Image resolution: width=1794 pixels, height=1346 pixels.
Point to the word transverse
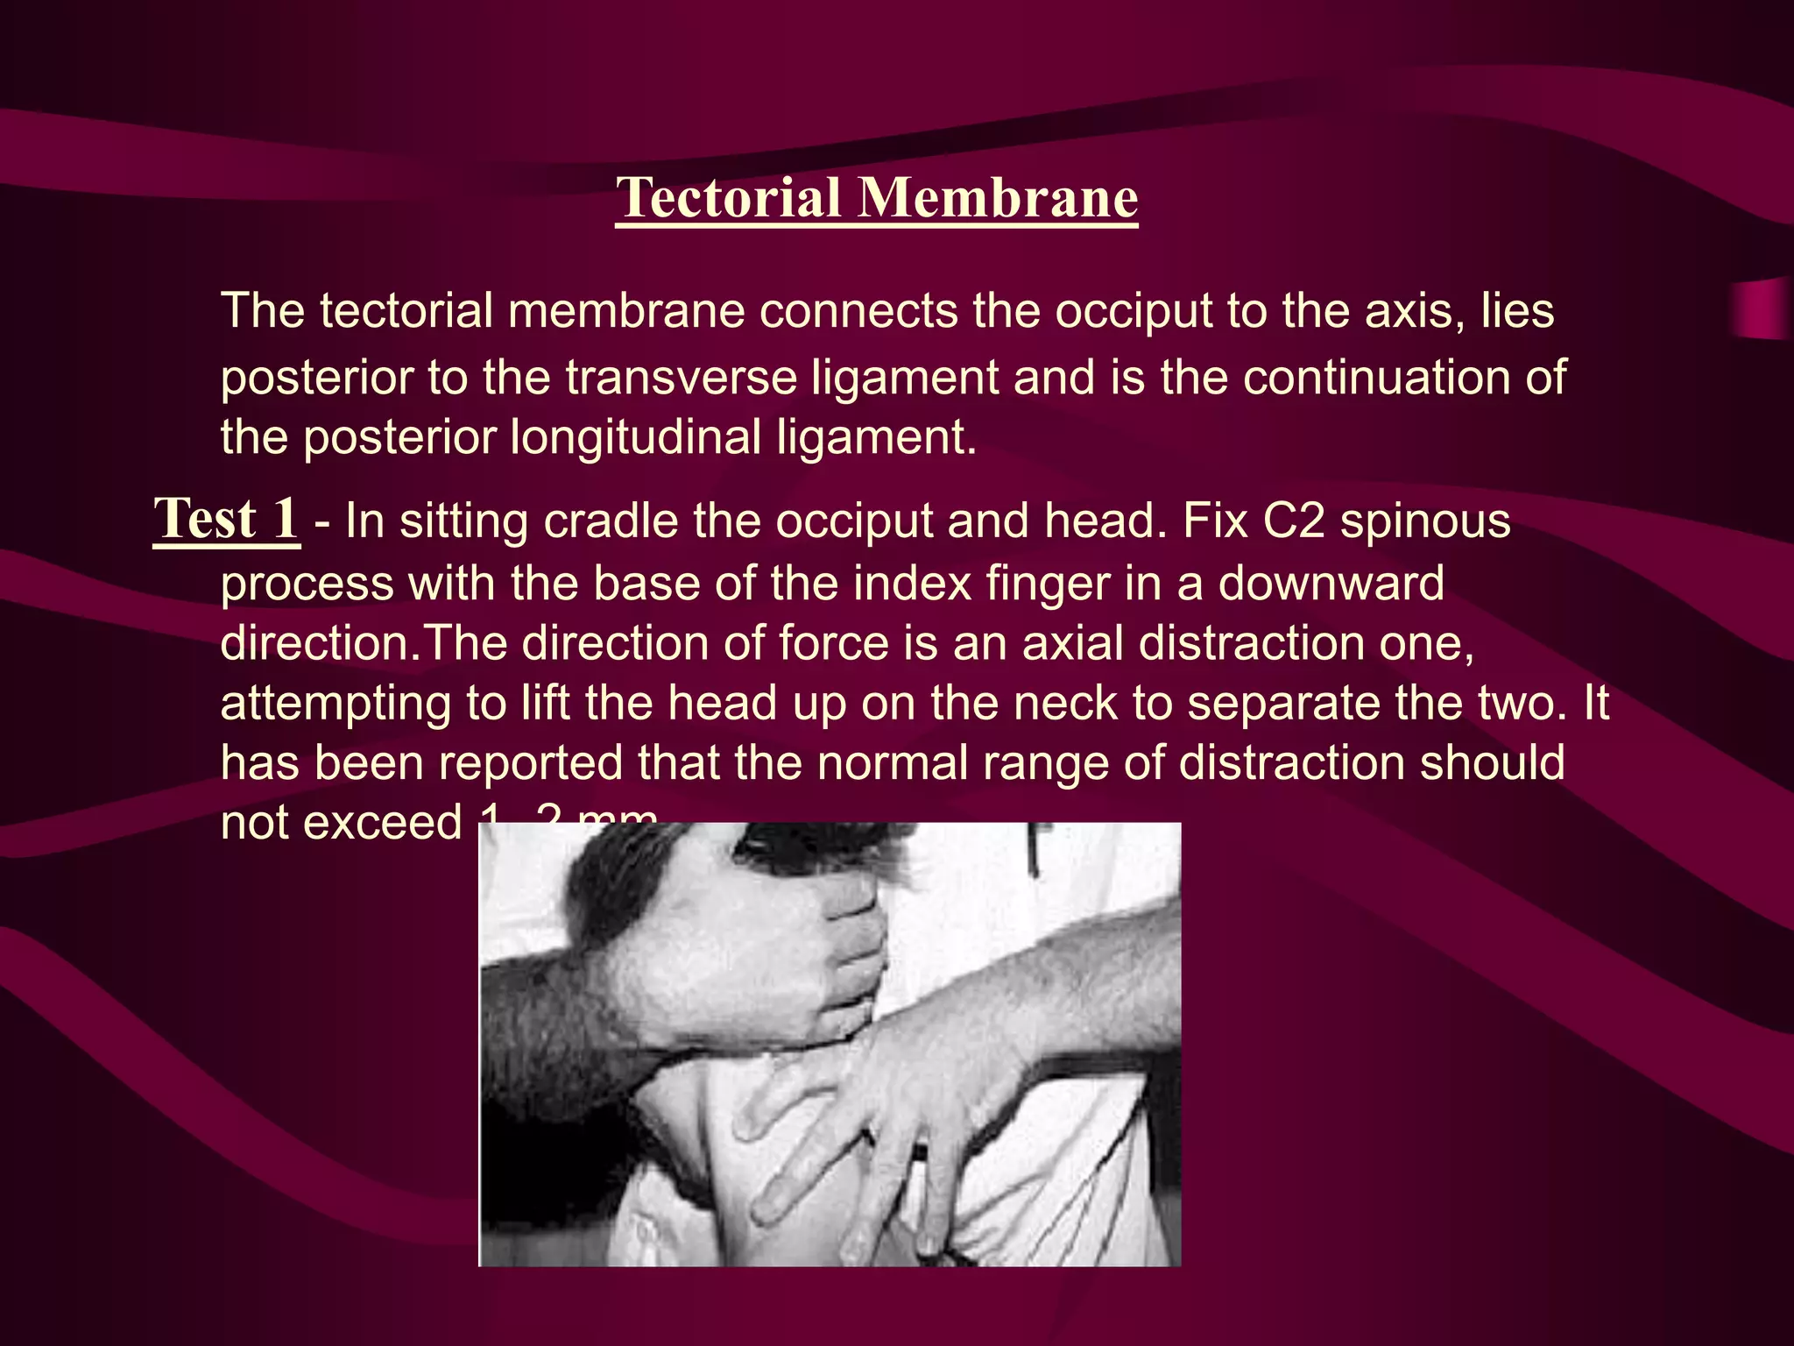pyautogui.click(x=682, y=378)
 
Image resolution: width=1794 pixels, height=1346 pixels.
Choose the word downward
pyautogui.click(x=1331, y=584)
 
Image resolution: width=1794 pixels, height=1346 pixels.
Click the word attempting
pyautogui.click(x=335, y=705)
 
